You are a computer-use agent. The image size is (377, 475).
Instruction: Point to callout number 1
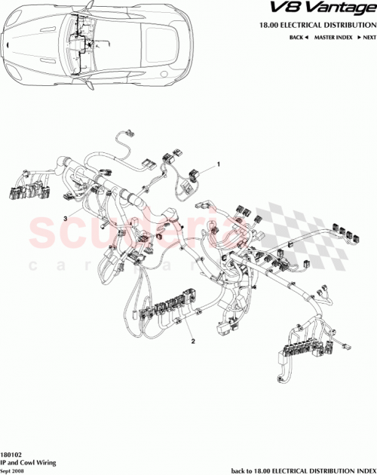click(x=219, y=164)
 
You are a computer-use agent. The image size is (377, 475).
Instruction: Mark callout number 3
click(x=66, y=218)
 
